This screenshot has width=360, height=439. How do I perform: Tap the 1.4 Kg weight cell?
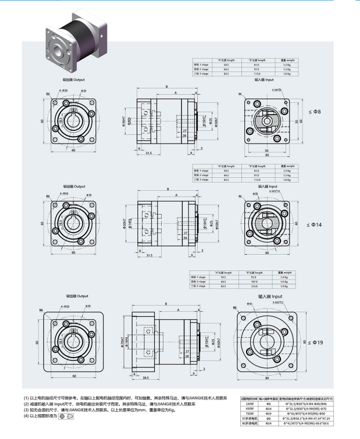[x=284, y=277]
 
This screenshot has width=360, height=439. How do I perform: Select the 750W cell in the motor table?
[x=251, y=412]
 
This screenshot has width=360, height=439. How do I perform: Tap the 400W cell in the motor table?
[x=251, y=408]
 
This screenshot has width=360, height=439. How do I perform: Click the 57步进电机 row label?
[x=251, y=417]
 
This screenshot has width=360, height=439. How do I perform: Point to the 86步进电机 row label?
[x=251, y=423]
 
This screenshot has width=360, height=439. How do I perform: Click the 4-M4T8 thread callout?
[x=276, y=90]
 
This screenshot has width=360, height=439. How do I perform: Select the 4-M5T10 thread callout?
[x=275, y=190]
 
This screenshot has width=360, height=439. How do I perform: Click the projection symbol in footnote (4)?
[x=65, y=416]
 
